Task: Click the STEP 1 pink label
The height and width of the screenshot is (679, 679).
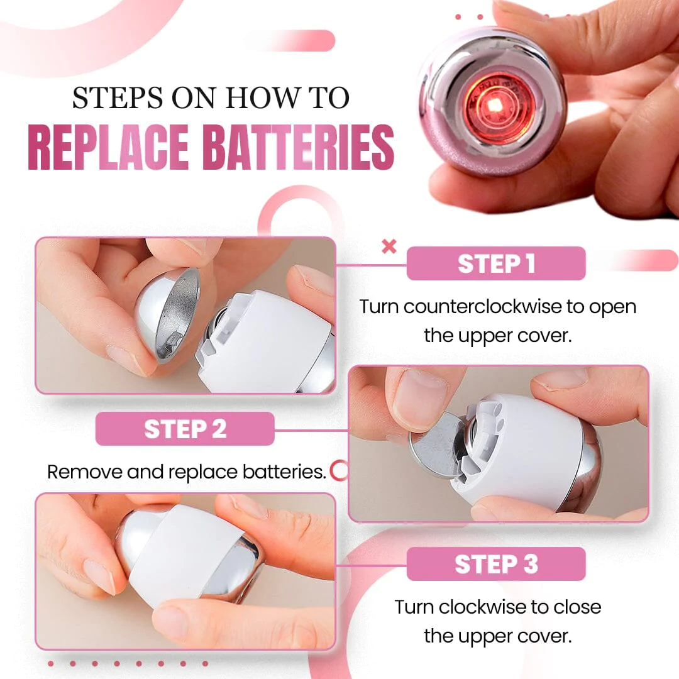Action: [496, 263]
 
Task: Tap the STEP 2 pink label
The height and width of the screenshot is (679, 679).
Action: [185, 429]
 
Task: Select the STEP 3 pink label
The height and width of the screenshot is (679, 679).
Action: [496, 564]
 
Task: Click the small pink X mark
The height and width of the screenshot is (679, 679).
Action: [389, 246]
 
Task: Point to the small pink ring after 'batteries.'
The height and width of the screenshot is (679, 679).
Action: [339, 471]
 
